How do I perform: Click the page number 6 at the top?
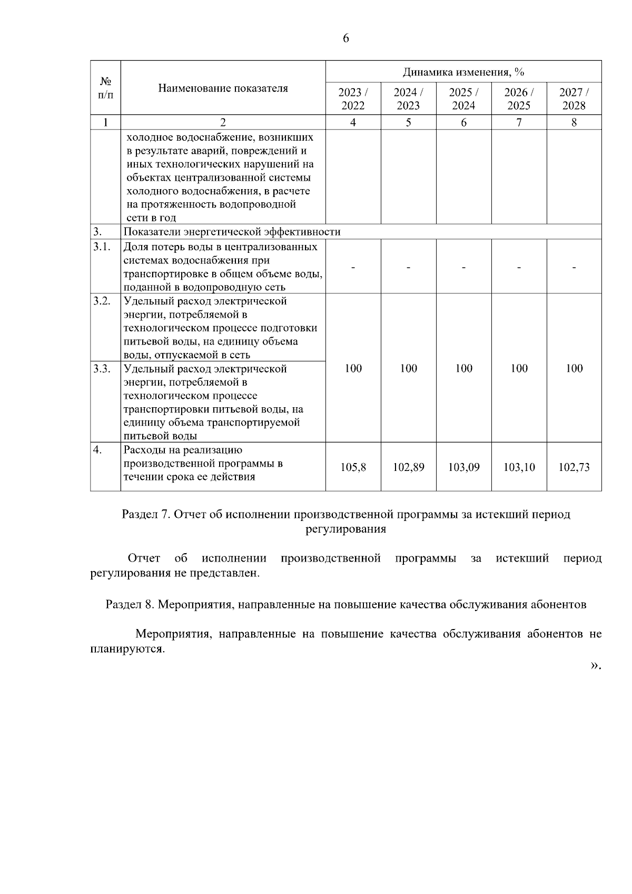[346, 38]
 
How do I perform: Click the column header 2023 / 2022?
[353, 99]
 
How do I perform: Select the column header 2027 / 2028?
[574, 99]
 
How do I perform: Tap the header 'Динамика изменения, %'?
[463, 72]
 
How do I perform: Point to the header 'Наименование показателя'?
[223, 88]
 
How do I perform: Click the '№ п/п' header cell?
[105, 88]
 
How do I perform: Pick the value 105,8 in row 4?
[353, 467]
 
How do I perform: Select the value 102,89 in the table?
[408, 467]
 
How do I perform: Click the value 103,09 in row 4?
[463, 467]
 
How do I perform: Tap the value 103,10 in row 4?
[519, 467]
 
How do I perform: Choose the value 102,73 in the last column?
[574, 467]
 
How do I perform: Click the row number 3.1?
[102, 247]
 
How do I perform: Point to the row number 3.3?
[102, 368]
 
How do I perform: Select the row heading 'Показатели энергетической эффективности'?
[232, 232]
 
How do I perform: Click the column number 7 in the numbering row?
[519, 122]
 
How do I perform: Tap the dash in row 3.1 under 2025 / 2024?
[463, 267]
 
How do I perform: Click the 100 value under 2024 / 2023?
[408, 368]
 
